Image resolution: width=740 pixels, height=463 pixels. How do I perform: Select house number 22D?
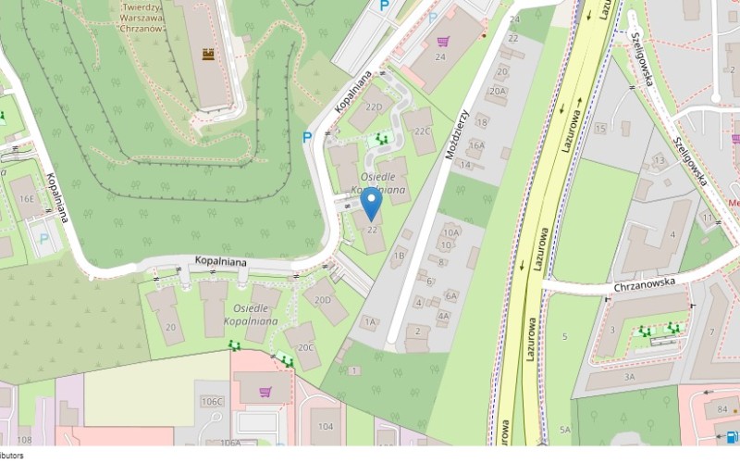coord(374,107)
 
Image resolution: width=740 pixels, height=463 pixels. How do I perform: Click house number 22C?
coord(424,131)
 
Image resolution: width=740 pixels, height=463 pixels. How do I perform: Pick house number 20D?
coord(323,299)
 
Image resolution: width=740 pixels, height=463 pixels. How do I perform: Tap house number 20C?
coord(305,347)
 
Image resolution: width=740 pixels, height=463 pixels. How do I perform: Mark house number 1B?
coord(400,255)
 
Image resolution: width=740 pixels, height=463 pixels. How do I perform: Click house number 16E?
coord(27,197)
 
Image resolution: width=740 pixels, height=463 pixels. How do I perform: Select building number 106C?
coord(213,402)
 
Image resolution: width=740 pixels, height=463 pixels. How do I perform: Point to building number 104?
coord(326,426)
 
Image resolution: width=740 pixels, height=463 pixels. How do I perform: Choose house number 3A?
coord(629,377)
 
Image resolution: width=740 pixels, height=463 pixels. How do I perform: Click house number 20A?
coord(498,91)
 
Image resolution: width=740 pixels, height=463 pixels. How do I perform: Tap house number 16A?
coord(476,145)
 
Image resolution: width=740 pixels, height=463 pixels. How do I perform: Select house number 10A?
coord(451,232)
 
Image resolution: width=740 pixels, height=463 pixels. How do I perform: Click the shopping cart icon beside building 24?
coord(443,42)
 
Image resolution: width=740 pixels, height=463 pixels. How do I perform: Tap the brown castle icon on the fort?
coord(209,56)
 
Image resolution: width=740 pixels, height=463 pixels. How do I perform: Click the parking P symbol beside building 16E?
coord(43,238)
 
